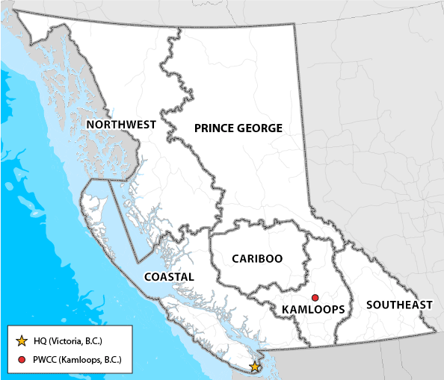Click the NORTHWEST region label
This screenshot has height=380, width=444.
(x=120, y=124)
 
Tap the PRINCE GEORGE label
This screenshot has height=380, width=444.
(x=238, y=128)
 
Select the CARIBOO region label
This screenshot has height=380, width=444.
(x=256, y=259)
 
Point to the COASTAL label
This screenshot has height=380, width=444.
(x=169, y=277)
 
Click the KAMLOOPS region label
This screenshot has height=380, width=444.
(x=314, y=309)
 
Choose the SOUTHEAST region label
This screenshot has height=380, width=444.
(x=399, y=305)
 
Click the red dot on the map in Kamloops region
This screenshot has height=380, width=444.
(x=315, y=297)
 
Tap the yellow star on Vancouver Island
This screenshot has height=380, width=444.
(x=255, y=367)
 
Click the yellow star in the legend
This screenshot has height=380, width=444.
(x=22, y=341)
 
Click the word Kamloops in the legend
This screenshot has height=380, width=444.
(x=83, y=361)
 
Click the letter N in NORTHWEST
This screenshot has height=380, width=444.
(x=90, y=124)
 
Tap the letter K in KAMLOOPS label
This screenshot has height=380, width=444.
(x=287, y=309)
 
